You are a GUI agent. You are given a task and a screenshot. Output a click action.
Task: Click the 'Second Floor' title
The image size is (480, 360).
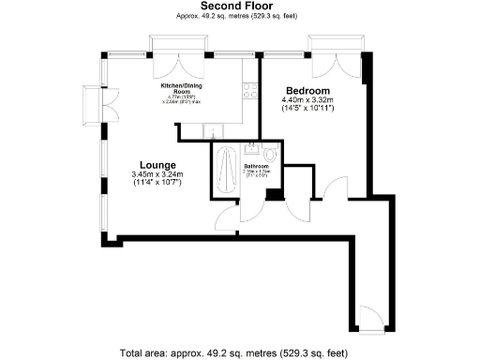tap(239, 6)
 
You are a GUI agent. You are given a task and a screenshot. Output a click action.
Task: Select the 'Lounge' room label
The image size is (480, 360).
tap(155, 161)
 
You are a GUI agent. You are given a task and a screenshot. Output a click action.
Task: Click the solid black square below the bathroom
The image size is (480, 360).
tap(272, 193)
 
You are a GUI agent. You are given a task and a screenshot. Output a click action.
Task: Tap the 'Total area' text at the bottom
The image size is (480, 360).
tap(239, 352)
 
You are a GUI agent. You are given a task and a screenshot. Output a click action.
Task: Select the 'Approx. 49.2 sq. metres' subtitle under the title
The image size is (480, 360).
tap(239, 17)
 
